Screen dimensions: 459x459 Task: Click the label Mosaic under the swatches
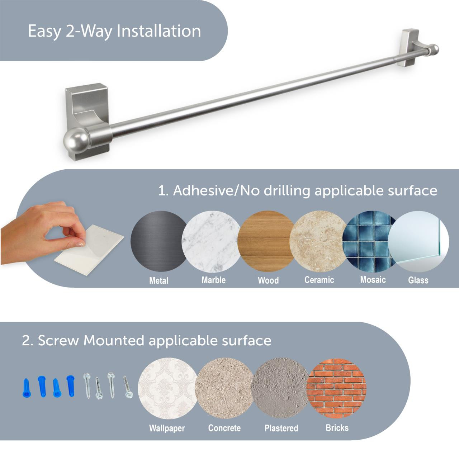pyautogui.click(x=373, y=280)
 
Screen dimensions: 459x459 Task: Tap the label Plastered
pyautogui.click(x=281, y=428)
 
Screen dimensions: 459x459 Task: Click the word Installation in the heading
pyautogui.click(x=159, y=31)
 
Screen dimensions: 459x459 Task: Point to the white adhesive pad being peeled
pyautogui.click(x=90, y=247)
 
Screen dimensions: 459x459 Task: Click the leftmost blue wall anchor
pyautogui.click(x=26, y=388)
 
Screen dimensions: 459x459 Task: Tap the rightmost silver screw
pyautogui.click(x=128, y=387)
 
